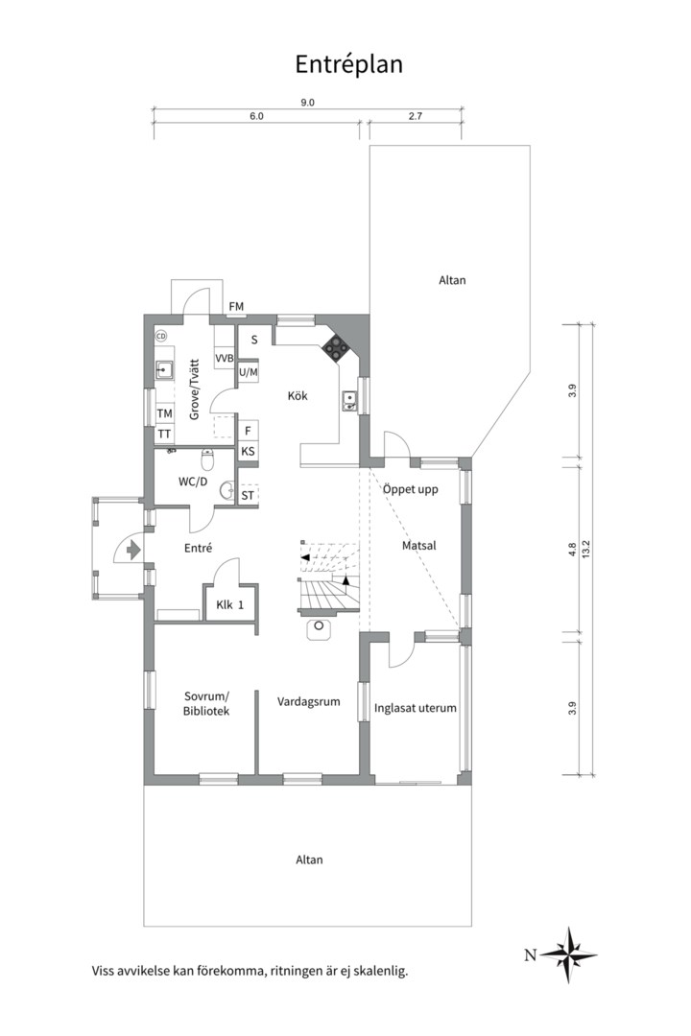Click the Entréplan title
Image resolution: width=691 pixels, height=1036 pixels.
point(348,65)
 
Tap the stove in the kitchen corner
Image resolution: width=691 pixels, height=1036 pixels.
point(337,347)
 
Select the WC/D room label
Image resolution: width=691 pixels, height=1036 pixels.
point(193,482)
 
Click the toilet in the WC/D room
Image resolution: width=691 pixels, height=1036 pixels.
point(207,458)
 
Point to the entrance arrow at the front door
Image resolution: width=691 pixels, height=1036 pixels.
point(133,549)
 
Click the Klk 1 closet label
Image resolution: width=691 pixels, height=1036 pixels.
point(230,604)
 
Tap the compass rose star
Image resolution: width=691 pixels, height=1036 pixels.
point(569,954)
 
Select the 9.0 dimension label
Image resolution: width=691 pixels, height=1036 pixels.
point(307,103)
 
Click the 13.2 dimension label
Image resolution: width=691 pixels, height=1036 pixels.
point(585,550)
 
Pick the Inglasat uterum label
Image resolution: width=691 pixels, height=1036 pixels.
point(416,708)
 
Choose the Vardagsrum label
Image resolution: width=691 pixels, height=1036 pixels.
point(309,701)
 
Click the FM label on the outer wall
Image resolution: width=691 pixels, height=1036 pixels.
point(236,307)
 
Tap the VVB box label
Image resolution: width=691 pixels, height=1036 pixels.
point(225,358)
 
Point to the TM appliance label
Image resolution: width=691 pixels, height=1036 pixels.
point(165,413)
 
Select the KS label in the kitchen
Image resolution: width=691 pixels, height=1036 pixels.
point(248,452)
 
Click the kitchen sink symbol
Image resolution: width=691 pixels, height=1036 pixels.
point(348,400)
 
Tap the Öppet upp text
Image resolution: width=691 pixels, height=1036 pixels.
point(410,489)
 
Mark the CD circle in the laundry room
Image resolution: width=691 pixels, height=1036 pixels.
point(160,337)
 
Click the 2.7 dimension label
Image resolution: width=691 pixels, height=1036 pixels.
point(416,116)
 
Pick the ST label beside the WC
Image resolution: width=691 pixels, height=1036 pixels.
point(248,495)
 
